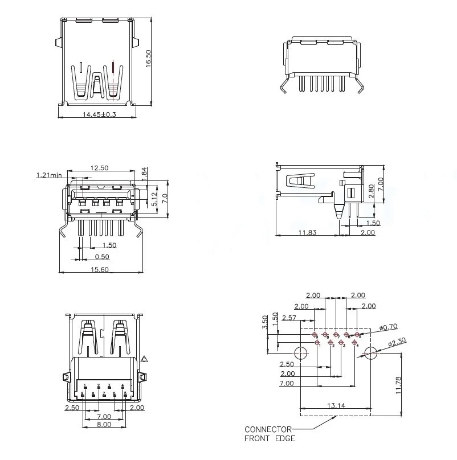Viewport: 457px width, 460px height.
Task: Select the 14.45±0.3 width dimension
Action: point(99,114)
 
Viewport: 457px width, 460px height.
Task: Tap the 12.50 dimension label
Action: point(100,168)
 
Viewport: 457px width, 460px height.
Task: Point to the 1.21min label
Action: point(48,175)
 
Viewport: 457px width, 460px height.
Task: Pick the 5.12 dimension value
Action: point(154,199)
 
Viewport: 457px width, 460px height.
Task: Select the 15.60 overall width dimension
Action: point(100,269)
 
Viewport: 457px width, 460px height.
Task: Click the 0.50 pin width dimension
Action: point(102,257)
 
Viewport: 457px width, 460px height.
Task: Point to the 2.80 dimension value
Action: point(372,191)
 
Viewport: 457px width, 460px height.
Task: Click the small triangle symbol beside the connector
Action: point(144,359)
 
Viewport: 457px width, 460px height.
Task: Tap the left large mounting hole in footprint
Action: point(301,353)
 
